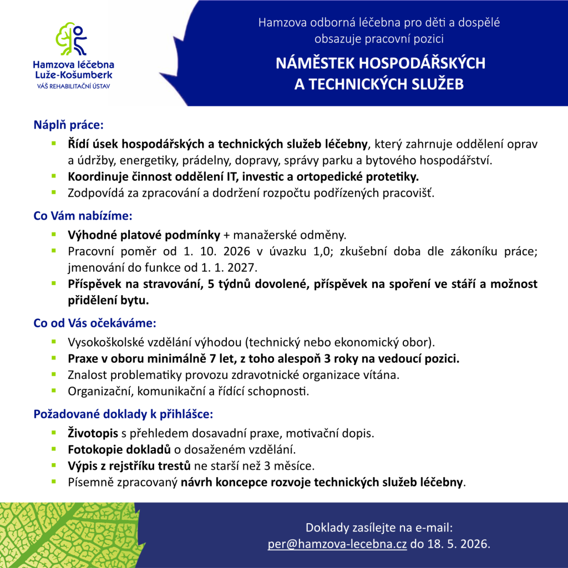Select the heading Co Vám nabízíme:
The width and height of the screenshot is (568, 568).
tap(83, 215)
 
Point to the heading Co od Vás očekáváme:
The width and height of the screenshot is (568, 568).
tap(94, 322)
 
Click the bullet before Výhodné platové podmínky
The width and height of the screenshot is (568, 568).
tap(54, 234)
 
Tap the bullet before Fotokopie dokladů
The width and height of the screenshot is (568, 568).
tap(54, 448)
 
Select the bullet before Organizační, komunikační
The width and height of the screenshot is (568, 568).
tap(54, 390)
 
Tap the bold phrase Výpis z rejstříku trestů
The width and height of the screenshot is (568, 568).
tap(129, 465)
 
